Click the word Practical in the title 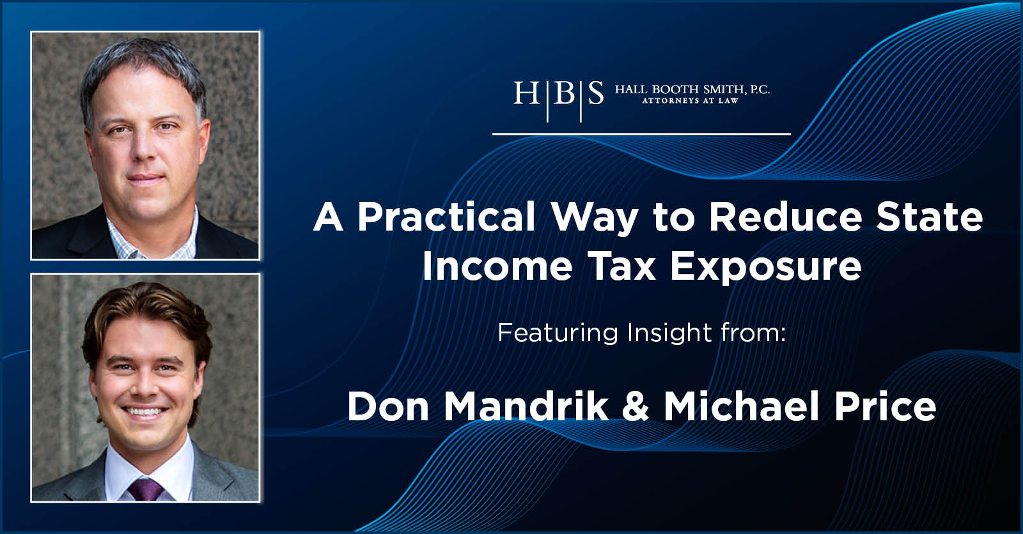(x=446, y=218)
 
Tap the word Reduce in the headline (x=785, y=218)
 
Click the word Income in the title (x=497, y=266)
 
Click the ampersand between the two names (x=636, y=406)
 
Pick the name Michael (x=741, y=406)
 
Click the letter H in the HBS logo (x=526, y=94)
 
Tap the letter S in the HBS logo (x=595, y=94)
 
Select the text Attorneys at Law (x=690, y=101)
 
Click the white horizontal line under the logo (x=641, y=134)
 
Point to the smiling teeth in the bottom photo (x=144, y=413)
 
